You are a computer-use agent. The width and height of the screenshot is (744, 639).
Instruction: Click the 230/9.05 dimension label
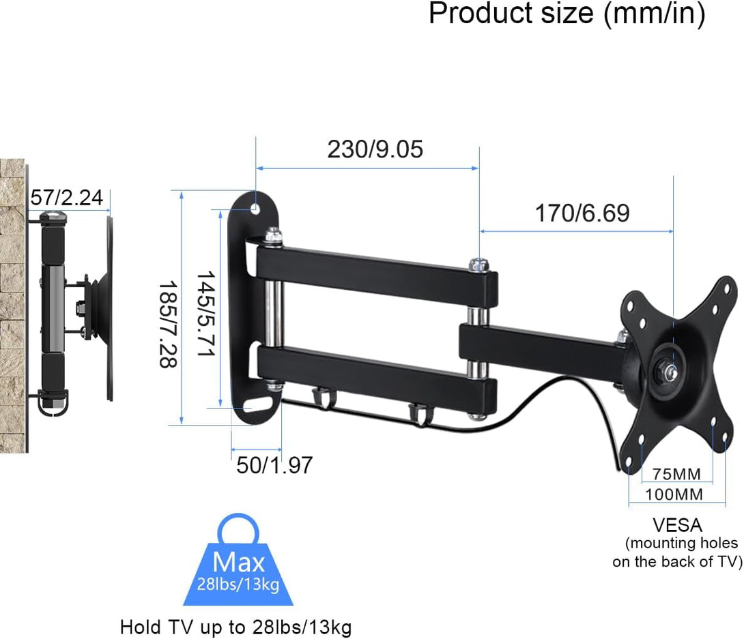[375, 149]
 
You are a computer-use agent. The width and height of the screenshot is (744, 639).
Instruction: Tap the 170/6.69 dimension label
[582, 213]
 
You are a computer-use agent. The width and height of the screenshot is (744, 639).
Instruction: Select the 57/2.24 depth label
[66, 198]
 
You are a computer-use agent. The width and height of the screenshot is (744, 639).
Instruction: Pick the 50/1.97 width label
[274, 465]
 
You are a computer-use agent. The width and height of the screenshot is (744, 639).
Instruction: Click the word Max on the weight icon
[238, 563]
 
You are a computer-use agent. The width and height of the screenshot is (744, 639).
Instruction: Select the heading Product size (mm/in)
[567, 14]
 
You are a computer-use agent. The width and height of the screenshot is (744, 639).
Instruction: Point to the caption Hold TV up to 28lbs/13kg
[236, 627]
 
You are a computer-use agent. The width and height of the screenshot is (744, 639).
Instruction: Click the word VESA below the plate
[676, 525]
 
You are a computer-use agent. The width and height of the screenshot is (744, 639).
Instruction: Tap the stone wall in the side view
[12, 307]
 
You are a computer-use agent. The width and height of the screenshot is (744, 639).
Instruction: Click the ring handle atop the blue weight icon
[238, 529]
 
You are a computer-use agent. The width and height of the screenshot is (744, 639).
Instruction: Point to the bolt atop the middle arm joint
[478, 262]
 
